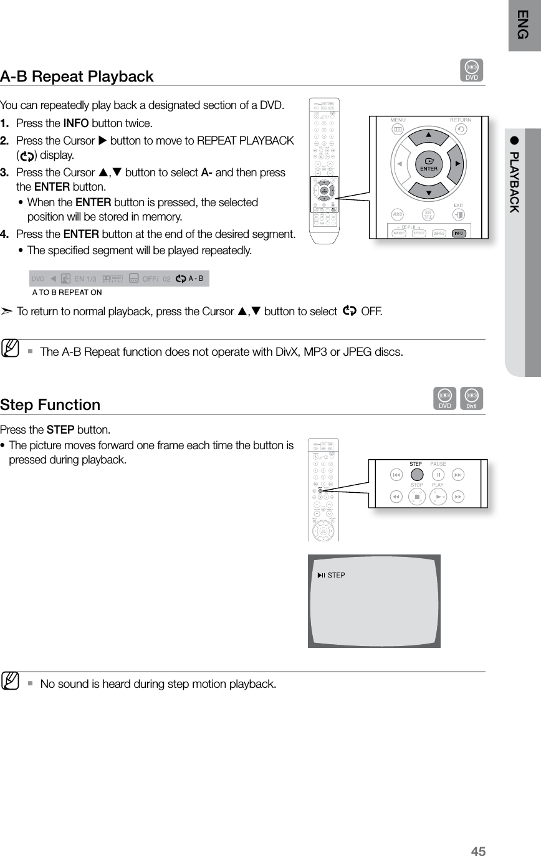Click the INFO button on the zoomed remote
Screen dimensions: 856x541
click(x=459, y=233)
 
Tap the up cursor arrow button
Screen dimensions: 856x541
click(x=428, y=135)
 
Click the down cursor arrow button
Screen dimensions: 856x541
click(x=428, y=193)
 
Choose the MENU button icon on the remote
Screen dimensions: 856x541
click(x=397, y=129)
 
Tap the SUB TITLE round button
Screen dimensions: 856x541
click(x=428, y=216)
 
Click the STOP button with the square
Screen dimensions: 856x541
click(x=416, y=497)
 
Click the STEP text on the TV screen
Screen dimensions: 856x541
click(x=336, y=575)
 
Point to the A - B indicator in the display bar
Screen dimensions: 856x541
click(x=196, y=278)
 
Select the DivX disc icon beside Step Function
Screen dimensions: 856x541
click(x=472, y=399)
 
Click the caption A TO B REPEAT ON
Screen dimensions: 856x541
click(x=67, y=292)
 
